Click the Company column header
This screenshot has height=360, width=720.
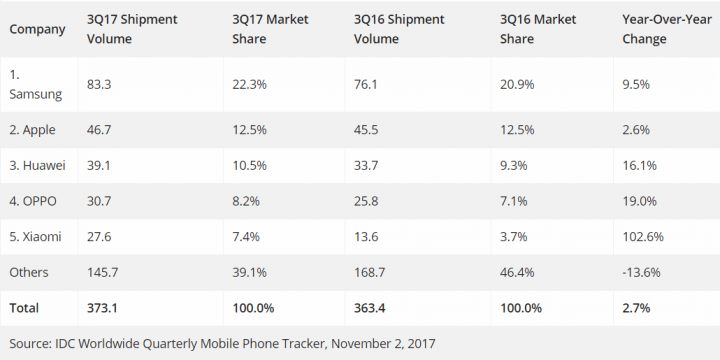pyautogui.click(x=37, y=29)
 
